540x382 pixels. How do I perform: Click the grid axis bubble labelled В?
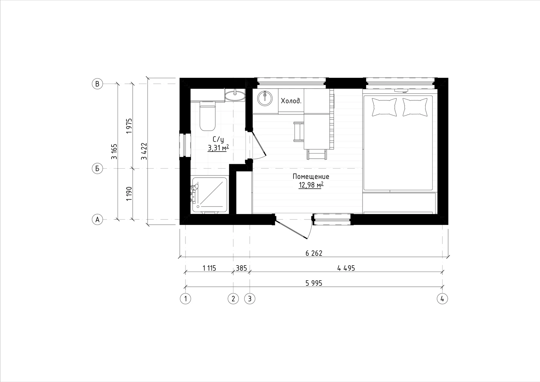(x=97, y=84)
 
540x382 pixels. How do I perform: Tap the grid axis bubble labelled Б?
(x=97, y=168)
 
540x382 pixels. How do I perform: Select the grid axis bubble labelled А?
(x=97, y=219)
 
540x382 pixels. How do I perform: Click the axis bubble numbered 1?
(x=185, y=299)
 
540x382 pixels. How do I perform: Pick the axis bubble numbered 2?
(x=233, y=299)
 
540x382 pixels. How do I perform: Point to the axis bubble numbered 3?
(x=250, y=299)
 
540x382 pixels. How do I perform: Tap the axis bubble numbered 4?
(x=442, y=299)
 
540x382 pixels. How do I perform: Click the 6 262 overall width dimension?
(x=314, y=253)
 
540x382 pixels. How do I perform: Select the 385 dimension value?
(x=241, y=268)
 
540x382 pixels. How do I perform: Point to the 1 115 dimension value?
(x=209, y=268)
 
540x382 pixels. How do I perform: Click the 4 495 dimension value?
(x=346, y=268)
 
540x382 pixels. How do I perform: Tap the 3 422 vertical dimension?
(x=144, y=151)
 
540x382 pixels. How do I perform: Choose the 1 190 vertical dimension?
(x=129, y=193)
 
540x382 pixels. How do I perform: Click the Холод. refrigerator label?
(x=291, y=101)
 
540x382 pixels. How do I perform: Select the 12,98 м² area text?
(x=311, y=185)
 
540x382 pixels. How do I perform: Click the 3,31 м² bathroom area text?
(x=218, y=148)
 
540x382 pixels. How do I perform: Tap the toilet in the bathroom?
(x=207, y=116)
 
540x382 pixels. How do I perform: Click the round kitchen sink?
(x=265, y=98)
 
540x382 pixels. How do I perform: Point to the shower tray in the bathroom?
(x=210, y=195)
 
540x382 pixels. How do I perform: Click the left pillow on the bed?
(x=384, y=107)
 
